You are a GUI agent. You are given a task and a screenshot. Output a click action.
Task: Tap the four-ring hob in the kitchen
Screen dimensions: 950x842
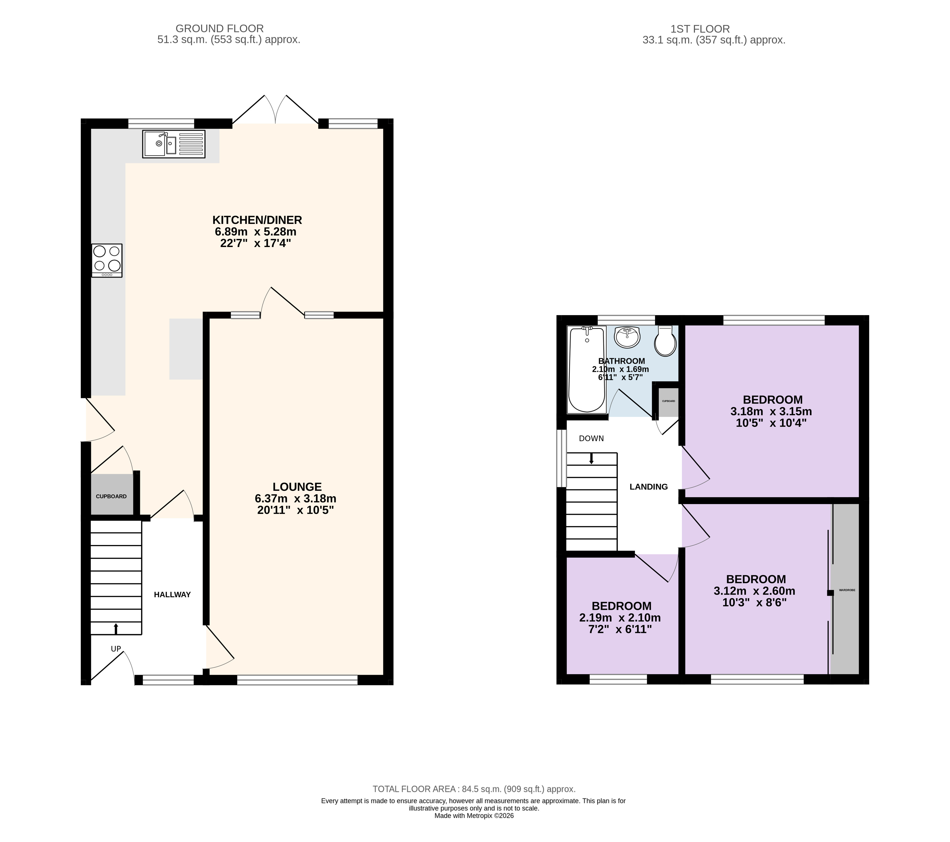point(107,260)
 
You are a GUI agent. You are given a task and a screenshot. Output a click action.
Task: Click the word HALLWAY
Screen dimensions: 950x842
point(172,595)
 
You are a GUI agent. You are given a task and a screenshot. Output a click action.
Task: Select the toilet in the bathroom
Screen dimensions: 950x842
point(665,341)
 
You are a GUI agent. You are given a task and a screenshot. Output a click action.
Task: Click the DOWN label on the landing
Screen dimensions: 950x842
point(591,438)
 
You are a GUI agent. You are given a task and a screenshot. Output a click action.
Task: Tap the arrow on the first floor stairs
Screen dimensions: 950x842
point(591,458)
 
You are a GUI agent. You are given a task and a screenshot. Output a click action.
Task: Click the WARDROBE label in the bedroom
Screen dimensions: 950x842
point(847,590)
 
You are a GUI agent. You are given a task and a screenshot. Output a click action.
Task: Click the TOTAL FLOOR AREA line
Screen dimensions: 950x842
point(474,789)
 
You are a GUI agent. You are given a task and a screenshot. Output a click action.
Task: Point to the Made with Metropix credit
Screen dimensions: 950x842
point(474,815)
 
